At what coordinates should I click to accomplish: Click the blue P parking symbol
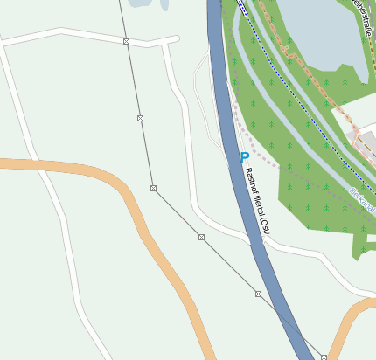tap(245, 158)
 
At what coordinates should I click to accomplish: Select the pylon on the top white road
tap(127, 42)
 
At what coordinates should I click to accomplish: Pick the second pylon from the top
tap(140, 117)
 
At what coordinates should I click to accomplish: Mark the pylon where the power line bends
tap(153, 188)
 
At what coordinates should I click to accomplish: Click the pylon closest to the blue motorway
tap(258, 294)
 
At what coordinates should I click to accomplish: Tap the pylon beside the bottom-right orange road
tap(324, 357)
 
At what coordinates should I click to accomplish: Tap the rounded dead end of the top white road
tap(175, 40)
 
